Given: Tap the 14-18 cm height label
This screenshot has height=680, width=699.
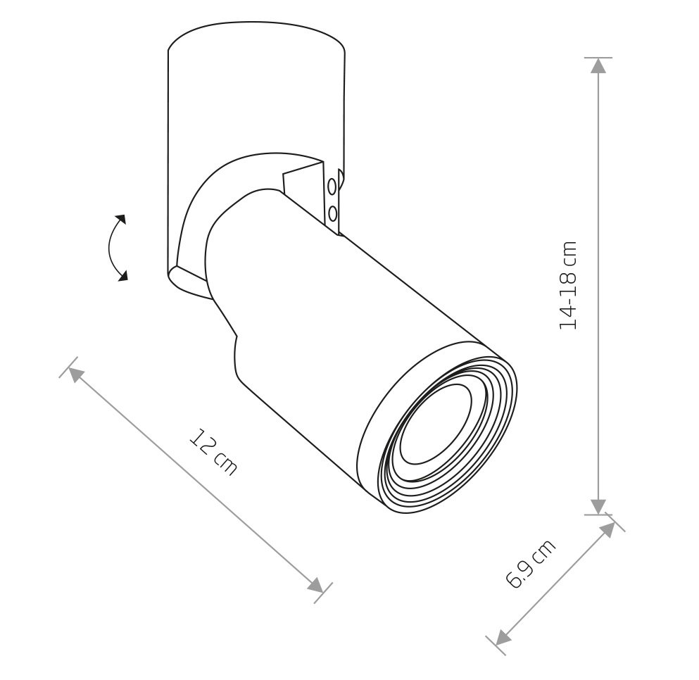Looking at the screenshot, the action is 568,285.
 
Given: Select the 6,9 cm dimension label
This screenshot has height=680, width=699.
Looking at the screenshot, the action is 531,563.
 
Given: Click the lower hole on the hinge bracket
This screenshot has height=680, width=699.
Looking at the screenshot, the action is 332,213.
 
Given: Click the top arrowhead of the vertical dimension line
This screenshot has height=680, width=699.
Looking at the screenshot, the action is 598,66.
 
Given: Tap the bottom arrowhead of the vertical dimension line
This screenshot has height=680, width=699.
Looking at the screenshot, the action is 598,507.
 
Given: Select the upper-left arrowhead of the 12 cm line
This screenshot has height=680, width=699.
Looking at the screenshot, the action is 76,376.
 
